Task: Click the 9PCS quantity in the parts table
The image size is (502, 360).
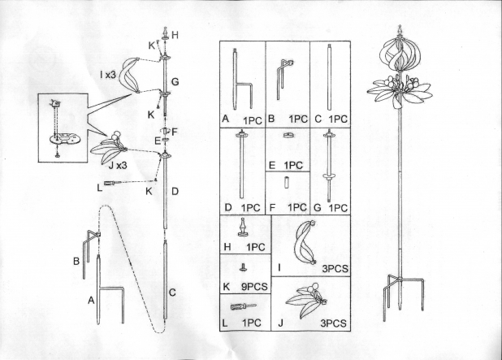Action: point(254,286)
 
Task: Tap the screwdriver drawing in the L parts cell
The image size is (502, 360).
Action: point(244,306)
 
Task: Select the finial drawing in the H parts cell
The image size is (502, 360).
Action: point(243,228)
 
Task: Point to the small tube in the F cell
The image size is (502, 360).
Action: point(286,183)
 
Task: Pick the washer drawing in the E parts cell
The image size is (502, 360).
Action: point(288,135)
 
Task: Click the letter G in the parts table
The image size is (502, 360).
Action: point(318,207)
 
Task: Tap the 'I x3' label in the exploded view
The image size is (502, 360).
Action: point(107,75)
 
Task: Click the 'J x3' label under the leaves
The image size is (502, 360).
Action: point(118,165)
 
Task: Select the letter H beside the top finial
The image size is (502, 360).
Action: point(175,35)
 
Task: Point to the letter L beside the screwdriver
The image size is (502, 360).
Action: point(100,188)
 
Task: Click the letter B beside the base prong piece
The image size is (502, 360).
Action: point(76,261)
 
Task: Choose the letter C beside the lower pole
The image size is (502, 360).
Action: point(172,293)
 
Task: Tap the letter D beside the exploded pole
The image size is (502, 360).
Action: point(175,192)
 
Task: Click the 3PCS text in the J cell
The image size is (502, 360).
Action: point(333,323)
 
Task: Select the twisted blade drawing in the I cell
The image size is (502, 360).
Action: point(304,242)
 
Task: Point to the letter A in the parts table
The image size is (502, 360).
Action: point(225,119)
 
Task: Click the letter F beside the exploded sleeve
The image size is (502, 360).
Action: point(174,132)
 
